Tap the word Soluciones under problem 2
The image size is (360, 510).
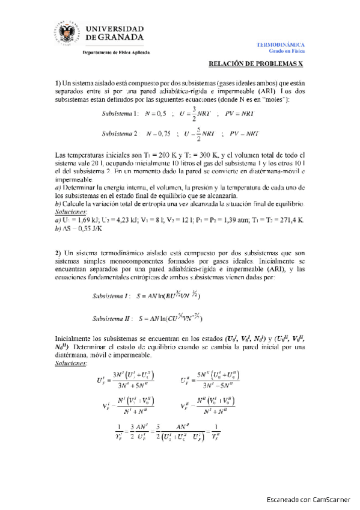[71, 363]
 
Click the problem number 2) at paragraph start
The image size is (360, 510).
[58, 251]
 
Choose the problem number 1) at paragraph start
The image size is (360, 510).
[58, 82]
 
